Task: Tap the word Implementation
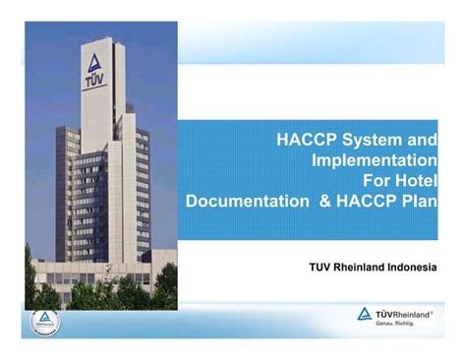click(374, 160)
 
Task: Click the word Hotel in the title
click(415, 180)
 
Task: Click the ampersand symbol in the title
click(320, 200)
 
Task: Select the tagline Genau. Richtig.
click(400, 324)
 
